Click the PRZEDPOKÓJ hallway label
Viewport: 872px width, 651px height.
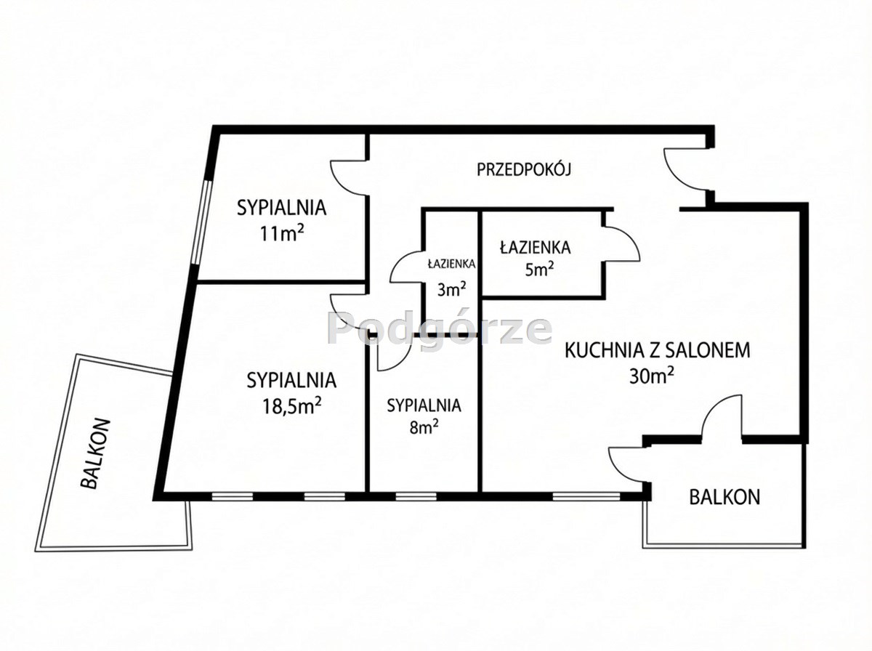tap(524, 169)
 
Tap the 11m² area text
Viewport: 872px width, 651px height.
tap(282, 233)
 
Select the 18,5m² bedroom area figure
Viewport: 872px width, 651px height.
tap(291, 406)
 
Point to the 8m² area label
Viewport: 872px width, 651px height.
tap(424, 428)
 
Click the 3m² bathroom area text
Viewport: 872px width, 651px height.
tap(451, 290)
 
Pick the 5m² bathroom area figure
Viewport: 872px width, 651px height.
tap(539, 270)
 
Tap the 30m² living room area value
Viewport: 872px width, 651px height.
tap(652, 376)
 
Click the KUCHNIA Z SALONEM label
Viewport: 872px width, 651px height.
tap(658, 350)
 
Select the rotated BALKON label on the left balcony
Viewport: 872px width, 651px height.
tap(95, 453)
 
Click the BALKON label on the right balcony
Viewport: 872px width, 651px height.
tap(724, 497)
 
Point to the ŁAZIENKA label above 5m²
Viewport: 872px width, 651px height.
tap(535, 247)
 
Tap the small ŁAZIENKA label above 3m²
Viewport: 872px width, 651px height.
tap(451, 264)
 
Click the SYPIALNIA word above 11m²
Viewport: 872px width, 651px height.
tap(282, 208)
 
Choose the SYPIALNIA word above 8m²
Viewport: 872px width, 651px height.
tap(424, 405)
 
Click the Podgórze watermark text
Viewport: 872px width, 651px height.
tap(440, 329)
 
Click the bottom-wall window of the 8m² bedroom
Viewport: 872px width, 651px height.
tap(416, 496)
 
